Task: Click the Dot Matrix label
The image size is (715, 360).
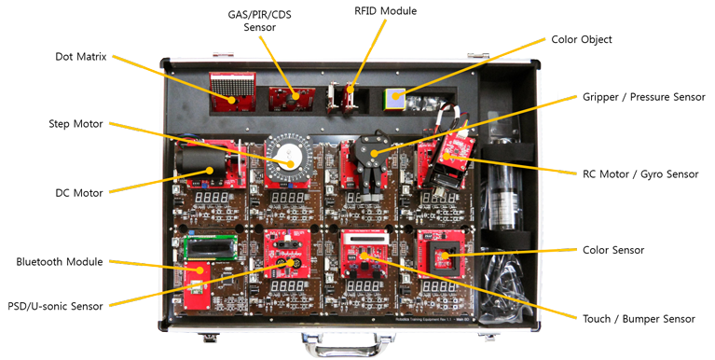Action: tap(81, 57)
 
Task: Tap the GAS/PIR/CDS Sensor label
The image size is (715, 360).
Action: tap(259, 21)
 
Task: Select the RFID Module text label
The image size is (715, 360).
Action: tap(385, 10)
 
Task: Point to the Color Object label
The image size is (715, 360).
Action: tap(582, 40)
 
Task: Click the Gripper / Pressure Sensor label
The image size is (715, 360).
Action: tap(644, 97)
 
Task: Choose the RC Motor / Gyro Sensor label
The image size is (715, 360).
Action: tap(640, 174)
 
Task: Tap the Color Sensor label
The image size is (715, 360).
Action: tap(613, 250)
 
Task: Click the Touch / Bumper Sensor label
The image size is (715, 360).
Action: tap(639, 319)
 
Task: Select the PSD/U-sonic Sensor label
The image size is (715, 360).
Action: tap(55, 306)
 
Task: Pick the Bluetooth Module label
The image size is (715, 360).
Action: tap(60, 262)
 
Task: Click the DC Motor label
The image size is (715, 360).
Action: tap(79, 193)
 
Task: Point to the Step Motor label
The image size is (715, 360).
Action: tap(76, 124)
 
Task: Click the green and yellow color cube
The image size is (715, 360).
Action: tap(394, 100)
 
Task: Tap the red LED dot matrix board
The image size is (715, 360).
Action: tap(232, 91)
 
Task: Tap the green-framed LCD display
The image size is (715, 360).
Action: tap(211, 247)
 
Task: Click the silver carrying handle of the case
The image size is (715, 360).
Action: tap(348, 344)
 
